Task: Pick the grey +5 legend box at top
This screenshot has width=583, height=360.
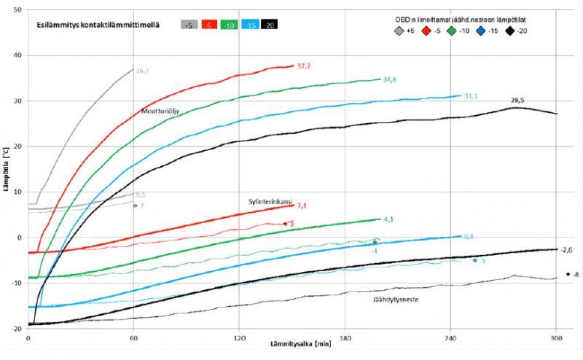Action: point(190,24)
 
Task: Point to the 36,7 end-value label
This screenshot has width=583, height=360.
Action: point(142,71)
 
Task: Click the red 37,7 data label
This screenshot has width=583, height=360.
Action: point(304,66)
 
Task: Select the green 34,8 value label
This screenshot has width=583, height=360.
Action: point(389,79)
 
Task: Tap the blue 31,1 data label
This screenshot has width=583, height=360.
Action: point(471,96)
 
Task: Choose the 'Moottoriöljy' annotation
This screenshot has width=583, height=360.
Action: point(160,111)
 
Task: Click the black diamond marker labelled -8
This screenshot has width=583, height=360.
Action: point(567,275)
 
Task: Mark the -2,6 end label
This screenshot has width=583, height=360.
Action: point(568,250)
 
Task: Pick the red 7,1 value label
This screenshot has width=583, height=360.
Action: point(302,206)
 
